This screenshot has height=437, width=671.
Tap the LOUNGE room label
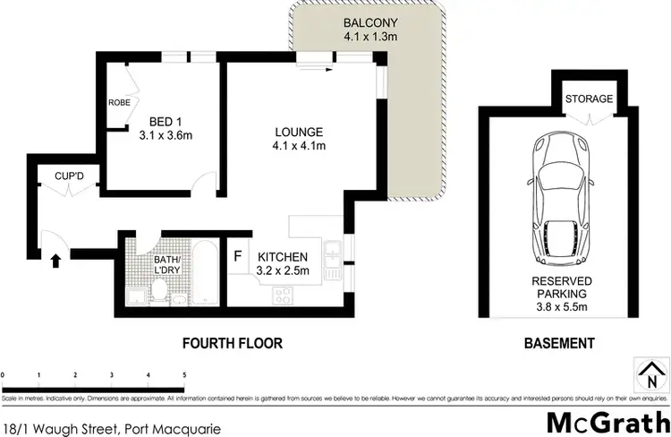(x=298, y=132)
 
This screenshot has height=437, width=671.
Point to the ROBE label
(x=119, y=103)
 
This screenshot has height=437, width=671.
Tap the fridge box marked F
(x=238, y=256)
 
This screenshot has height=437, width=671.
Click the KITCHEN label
(x=283, y=256)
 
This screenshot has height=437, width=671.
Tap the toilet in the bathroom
(x=158, y=289)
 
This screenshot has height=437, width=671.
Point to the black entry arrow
(x=56, y=261)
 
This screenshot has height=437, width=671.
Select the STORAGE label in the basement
(x=590, y=99)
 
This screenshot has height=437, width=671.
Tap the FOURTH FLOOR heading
(x=232, y=343)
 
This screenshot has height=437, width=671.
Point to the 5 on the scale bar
(x=183, y=374)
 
